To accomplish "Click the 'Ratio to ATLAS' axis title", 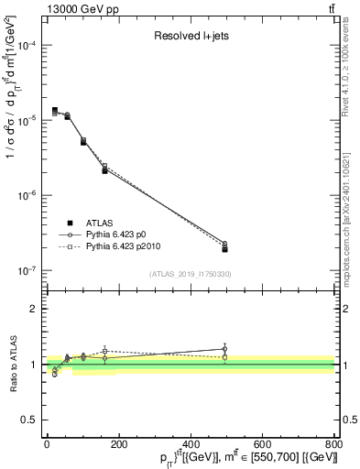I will coord(12,365).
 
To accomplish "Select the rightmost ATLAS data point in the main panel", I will coord(224,249).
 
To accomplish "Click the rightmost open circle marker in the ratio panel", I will coord(224,348).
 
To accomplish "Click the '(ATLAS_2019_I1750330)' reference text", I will coord(190,274).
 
